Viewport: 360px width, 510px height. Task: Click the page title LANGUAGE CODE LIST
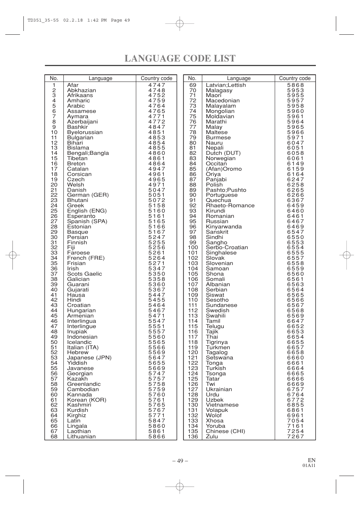pyautogui.click(x=180, y=59)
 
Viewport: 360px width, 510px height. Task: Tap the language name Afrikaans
pyautogui.click(x=80, y=96)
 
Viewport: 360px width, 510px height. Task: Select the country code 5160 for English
pyautogui.click(x=157, y=211)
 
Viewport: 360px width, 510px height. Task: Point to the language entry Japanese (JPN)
pyautogui.click(x=89, y=358)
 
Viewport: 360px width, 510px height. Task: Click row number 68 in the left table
pyautogui.click(x=54, y=437)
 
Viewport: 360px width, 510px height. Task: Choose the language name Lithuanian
pyautogui.click(x=81, y=437)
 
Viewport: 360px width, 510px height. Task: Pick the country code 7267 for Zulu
pyautogui.click(x=295, y=437)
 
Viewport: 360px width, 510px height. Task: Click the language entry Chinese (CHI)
pyautogui.click(x=225, y=431)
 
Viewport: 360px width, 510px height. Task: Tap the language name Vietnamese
pyautogui.click(x=222, y=405)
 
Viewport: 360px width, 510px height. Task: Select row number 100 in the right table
pyautogui.click(x=193, y=248)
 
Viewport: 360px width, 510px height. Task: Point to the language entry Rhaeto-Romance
pyautogui.click(x=230, y=206)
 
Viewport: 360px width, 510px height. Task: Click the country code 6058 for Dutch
pyautogui.click(x=295, y=153)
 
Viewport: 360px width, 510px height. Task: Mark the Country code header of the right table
pyautogui.click(x=295, y=79)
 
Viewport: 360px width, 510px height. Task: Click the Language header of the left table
pyautogui.click(x=100, y=79)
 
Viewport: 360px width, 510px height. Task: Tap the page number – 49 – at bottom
pyautogui.click(x=180, y=461)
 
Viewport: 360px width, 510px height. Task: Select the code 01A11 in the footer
pyautogui.click(x=309, y=466)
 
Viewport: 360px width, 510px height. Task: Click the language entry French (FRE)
pyautogui.click(x=86, y=258)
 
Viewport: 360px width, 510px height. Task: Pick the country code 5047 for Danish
pyautogui.click(x=157, y=190)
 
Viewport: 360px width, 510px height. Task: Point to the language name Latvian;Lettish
pyautogui.click(x=226, y=85)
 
